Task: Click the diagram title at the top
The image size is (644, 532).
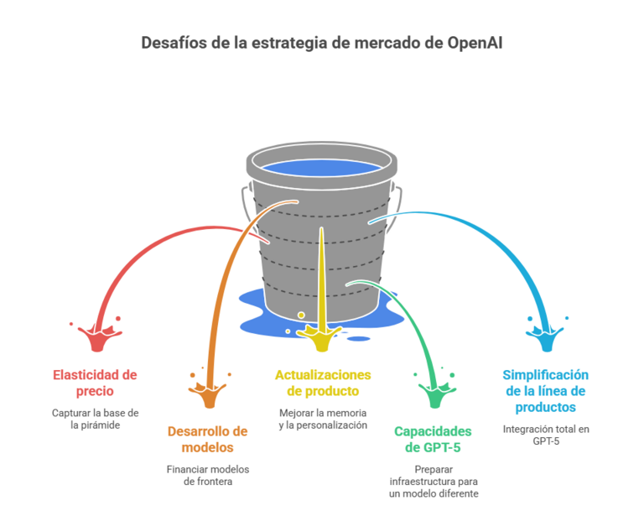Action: coord(322,42)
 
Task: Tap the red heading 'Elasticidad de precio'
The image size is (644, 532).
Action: coord(95,383)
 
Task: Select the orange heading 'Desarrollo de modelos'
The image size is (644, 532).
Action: coord(207,439)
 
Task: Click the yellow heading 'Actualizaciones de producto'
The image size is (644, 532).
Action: coord(323,383)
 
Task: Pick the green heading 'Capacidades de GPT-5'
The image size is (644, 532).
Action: coord(433,439)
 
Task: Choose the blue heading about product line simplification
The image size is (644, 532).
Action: coord(545,390)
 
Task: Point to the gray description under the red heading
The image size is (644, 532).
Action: coord(95,419)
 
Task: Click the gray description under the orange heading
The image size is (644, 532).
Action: coord(207,475)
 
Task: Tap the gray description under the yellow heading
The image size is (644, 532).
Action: coord(323,419)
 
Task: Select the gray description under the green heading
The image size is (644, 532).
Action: coord(433,482)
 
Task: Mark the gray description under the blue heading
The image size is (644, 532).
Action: coord(545,434)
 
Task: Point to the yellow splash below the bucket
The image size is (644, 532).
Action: coord(322,339)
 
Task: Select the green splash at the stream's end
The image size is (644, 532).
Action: coord(434,394)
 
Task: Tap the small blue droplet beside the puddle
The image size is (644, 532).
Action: coord(359,339)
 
